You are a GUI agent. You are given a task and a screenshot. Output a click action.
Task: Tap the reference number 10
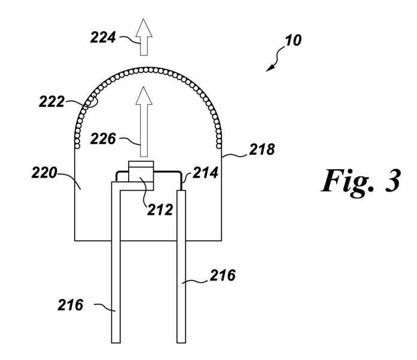(x=294, y=41)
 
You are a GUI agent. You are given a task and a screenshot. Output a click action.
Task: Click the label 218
(x=263, y=150)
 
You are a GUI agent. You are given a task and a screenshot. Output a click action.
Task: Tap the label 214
(x=205, y=174)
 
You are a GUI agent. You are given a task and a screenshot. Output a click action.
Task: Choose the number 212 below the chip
(x=161, y=210)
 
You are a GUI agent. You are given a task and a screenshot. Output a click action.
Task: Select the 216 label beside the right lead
(x=223, y=276)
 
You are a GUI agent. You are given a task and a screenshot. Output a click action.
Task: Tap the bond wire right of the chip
(x=169, y=172)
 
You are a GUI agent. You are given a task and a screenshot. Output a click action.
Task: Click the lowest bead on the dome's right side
(x=220, y=145)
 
